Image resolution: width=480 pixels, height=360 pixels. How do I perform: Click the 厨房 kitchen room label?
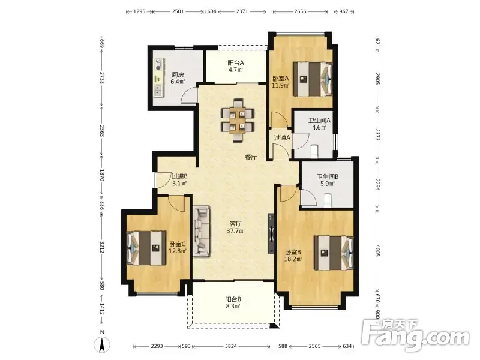click(178, 74)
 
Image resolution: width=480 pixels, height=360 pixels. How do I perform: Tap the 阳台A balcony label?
click(236, 63)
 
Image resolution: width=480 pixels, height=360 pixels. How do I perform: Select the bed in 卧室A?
click(313, 79)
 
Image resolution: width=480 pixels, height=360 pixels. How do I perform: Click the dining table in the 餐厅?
click(238, 120)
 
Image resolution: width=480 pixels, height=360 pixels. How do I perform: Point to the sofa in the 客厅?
click(201, 231)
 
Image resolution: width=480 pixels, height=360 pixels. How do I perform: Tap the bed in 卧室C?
click(146, 248)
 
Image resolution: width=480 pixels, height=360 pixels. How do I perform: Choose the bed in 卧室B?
click(334, 253)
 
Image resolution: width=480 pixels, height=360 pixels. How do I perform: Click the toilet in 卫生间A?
click(314, 151)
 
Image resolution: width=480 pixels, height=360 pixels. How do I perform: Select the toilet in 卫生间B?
click(327, 200)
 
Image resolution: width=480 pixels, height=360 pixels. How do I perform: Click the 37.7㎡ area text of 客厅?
click(235, 230)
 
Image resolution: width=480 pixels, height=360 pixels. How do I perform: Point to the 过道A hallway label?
click(282, 138)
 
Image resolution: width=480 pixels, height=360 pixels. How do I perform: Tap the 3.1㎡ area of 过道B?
click(179, 184)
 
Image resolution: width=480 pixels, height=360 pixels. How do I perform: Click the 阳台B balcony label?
click(233, 299)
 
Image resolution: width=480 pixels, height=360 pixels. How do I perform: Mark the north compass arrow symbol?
click(102, 344)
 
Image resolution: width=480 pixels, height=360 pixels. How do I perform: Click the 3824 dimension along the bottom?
click(231, 346)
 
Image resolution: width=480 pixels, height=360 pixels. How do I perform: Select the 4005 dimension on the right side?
click(377, 251)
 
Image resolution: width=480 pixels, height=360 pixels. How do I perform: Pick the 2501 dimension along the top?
click(178, 11)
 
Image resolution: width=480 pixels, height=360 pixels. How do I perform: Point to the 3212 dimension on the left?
click(102, 247)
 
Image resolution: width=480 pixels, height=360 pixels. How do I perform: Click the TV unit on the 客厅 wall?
click(271, 233)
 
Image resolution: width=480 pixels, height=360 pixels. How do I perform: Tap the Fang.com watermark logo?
click(415, 336)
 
